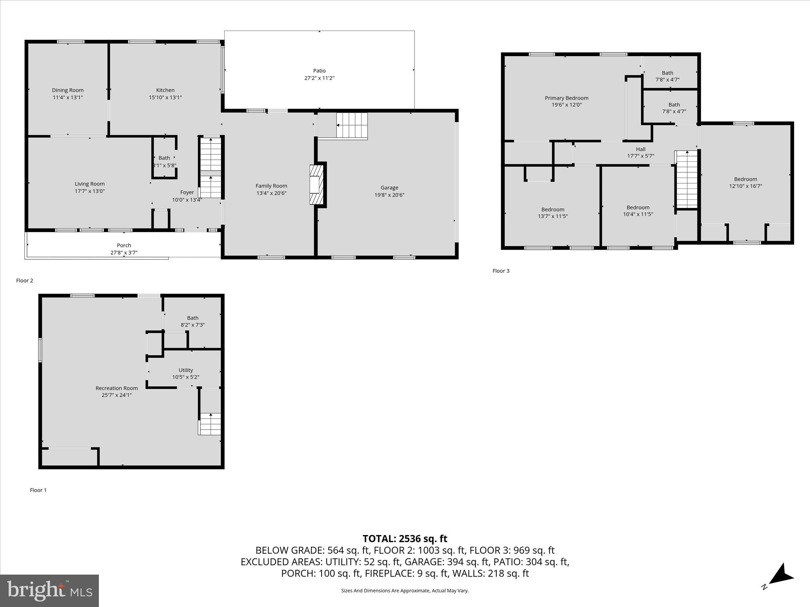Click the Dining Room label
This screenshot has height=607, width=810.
pos(68,90)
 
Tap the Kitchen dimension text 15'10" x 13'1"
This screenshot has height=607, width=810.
pos(165,97)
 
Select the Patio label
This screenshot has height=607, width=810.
pos(319,71)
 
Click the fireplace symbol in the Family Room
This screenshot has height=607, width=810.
pos(316,185)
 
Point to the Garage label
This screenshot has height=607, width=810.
pos(389,188)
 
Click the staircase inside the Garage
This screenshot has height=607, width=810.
pos(352,125)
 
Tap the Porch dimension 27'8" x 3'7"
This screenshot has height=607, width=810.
pos(124,253)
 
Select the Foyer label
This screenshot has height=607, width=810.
pos(187,192)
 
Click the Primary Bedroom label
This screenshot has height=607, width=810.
pos(566,98)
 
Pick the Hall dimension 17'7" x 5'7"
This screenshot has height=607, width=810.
pos(640,156)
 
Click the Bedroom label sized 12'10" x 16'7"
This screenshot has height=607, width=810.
pos(746,179)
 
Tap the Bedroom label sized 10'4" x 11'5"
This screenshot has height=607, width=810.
pos(638,207)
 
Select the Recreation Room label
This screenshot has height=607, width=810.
pos(117,388)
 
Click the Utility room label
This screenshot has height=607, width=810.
pos(185,370)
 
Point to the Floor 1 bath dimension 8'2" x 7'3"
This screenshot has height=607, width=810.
pos(193,325)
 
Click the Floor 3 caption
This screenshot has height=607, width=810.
pos(501,271)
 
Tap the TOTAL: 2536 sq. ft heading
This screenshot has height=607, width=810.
pos(405,539)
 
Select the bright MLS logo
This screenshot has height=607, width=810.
pos(49,590)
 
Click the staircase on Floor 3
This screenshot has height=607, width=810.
pos(687,180)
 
